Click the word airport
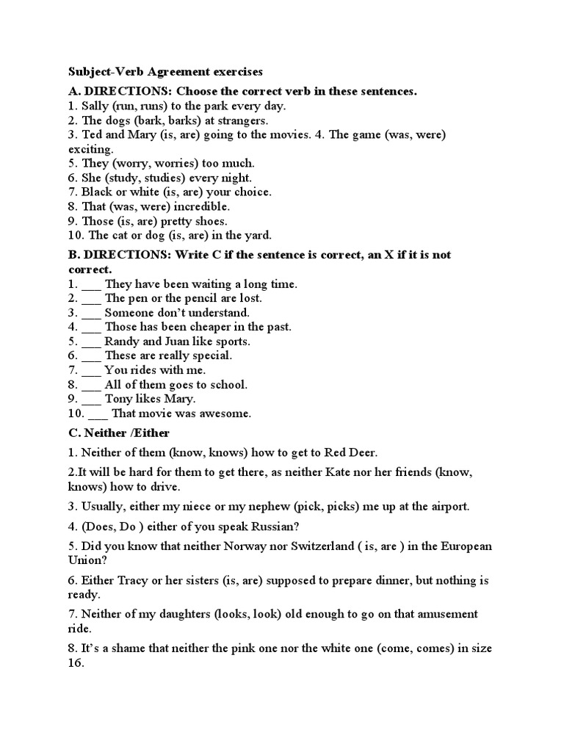tap(448, 507)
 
